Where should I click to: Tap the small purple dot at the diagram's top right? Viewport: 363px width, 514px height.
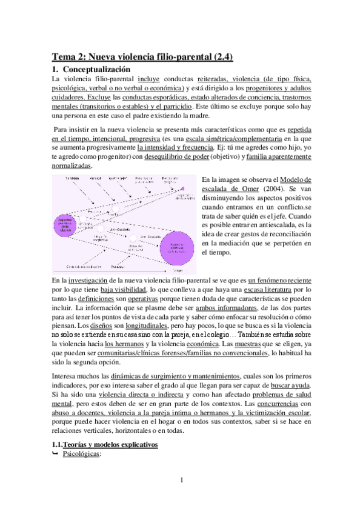click(x=181, y=190)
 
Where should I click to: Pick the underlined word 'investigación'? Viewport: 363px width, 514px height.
click(x=90, y=282)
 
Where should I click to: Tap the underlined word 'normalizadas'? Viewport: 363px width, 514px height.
click(x=72, y=166)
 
